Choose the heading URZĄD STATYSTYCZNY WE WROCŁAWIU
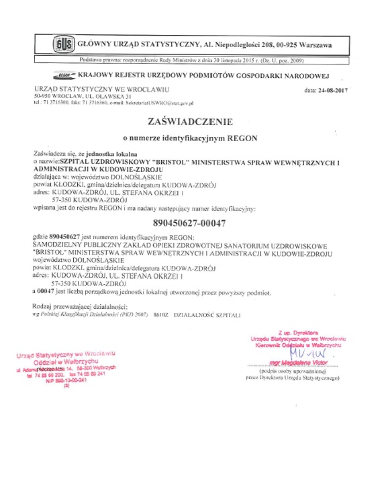click(101, 89)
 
